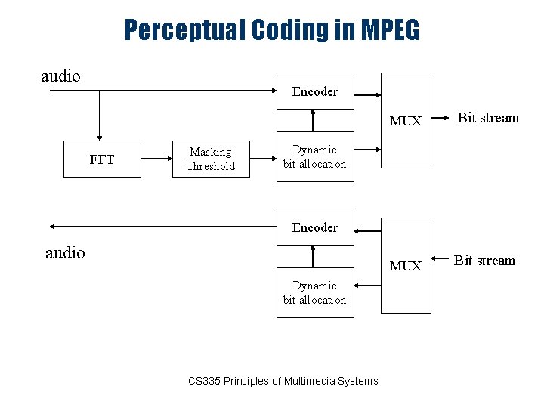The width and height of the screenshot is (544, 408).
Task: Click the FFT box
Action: (102, 159)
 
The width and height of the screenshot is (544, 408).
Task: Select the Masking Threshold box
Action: (211, 159)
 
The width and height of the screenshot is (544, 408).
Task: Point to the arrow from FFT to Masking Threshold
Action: (156, 159)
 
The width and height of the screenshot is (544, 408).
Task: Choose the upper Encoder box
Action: (314, 92)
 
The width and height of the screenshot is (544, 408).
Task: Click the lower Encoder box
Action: (314, 227)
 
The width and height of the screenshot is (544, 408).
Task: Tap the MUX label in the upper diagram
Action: (406, 121)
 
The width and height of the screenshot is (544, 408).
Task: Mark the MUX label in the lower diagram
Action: (406, 266)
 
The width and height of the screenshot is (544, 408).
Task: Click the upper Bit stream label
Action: (489, 118)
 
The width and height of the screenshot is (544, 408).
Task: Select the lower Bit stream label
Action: (484, 261)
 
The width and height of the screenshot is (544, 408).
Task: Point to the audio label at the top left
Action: (60, 76)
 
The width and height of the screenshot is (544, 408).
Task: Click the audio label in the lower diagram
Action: (66, 252)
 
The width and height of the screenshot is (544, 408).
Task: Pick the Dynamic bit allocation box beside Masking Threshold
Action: (314, 157)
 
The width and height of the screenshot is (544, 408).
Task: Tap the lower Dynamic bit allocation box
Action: (314, 292)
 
